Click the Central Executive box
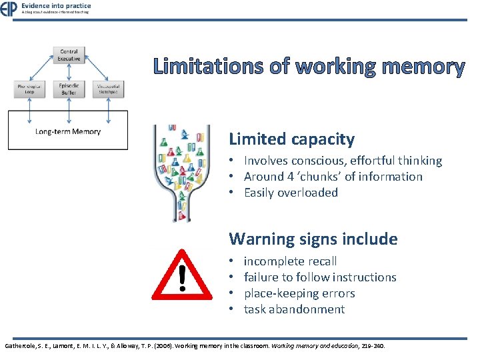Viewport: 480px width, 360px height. [69, 55]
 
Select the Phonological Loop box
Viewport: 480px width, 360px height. [30, 89]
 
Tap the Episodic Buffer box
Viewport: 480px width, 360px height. [69, 89]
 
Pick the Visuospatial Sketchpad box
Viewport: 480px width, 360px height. [107, 89]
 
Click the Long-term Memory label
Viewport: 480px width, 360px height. [68, 131]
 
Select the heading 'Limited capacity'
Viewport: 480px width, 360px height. [291, 139]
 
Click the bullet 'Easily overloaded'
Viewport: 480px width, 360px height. [291, 193]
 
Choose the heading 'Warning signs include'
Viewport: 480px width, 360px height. [313, 239]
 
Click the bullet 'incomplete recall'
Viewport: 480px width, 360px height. [290, 261]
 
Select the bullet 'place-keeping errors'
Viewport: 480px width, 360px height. [299, 293]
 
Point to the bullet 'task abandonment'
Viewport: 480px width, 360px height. [294, 309]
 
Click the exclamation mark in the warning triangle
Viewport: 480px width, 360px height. [182, 278]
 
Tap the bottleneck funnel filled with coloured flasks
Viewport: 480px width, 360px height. [181, 170]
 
